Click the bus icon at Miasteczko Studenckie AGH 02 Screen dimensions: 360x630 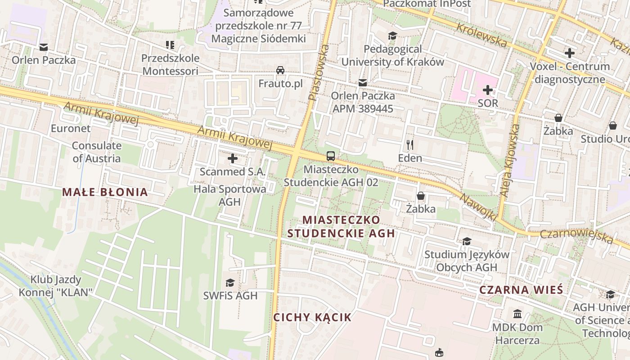[x=331, y=156]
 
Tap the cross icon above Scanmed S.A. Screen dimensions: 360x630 [x=233, y=158]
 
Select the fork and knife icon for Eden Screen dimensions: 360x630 [x=409, y=144]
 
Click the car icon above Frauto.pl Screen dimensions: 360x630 [x=280, y=70]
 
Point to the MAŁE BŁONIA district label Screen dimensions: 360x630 [x=105, y=192]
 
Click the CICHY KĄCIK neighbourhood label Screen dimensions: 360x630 [x=312, y=317]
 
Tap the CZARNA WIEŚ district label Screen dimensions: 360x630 [x=521, y=289]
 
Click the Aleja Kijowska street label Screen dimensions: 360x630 [x=510, y=160]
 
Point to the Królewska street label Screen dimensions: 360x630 [x=482, y=35]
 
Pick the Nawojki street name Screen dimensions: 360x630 [x=478, y=207]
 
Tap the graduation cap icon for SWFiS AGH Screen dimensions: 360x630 [x=230, y=283]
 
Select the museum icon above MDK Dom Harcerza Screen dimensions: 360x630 [x=517, y=314]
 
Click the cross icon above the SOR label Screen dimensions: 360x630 [x=488, y=90]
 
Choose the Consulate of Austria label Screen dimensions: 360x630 [x=96, y=152]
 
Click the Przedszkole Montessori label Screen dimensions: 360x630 [x=170, y=64]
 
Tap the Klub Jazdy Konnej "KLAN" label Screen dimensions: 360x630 [x=56, y=286]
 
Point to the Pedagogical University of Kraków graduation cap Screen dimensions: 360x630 [x=393, y=36]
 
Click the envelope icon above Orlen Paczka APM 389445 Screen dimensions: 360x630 [x=363, y=83]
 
